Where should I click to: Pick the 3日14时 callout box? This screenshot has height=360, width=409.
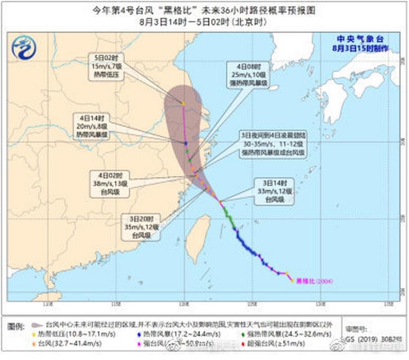(x=274, y=191)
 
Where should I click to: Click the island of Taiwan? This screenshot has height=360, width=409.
(x=199, y=238)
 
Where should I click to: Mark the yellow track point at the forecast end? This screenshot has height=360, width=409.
(x=183, y=104)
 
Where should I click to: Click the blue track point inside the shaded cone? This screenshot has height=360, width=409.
(x=186, y=143)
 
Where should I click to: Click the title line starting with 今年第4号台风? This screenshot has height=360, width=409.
(x=204, y=10)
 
